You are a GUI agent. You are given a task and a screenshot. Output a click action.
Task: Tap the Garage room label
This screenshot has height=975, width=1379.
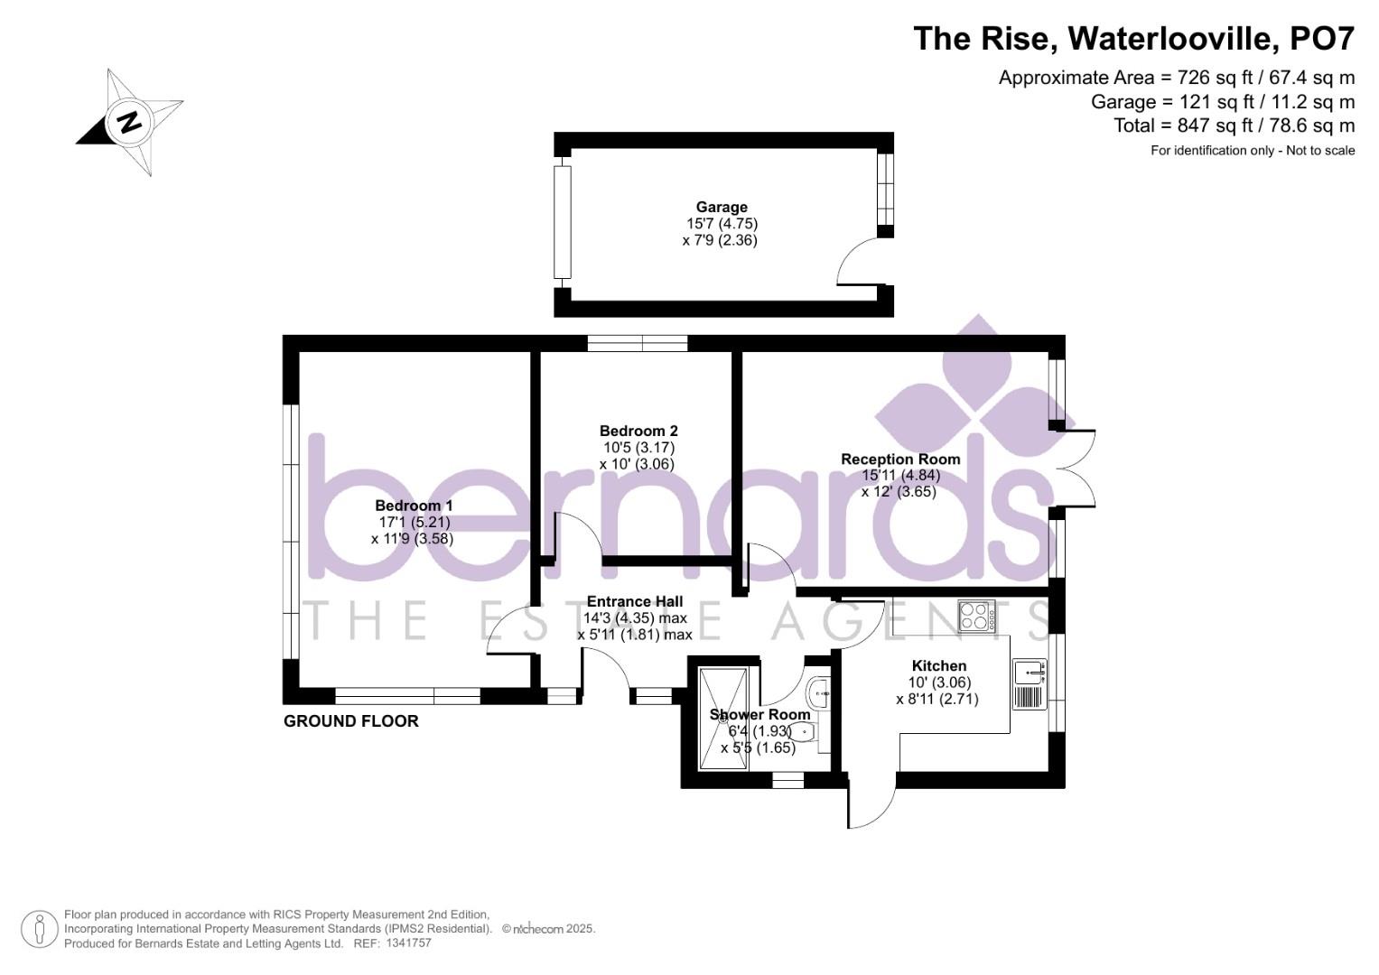point(722,207)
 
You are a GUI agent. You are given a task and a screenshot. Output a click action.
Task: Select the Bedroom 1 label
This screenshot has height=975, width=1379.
point(414,506)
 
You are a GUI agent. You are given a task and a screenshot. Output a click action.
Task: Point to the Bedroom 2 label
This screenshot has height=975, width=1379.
point(638,431)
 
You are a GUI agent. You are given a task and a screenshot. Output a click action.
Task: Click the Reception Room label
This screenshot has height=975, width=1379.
point(900,459)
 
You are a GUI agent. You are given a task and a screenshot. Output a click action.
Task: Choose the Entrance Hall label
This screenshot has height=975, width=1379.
point(635,601)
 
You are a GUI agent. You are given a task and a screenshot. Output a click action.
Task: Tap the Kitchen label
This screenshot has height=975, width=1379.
point(939,665)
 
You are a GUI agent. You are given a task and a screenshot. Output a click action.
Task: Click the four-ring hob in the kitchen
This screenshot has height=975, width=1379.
point(976,616)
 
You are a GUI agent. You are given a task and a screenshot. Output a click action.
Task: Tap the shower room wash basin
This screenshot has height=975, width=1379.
point(819,692)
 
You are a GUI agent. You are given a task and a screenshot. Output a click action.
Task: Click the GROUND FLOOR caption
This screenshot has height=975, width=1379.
point(351,721)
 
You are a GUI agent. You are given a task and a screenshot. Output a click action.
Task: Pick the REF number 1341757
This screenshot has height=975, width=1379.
point(408,943)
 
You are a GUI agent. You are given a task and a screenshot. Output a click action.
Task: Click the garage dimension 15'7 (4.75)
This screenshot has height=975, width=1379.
point(722,224)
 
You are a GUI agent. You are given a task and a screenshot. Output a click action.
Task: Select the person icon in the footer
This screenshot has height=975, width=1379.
point(40,929)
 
